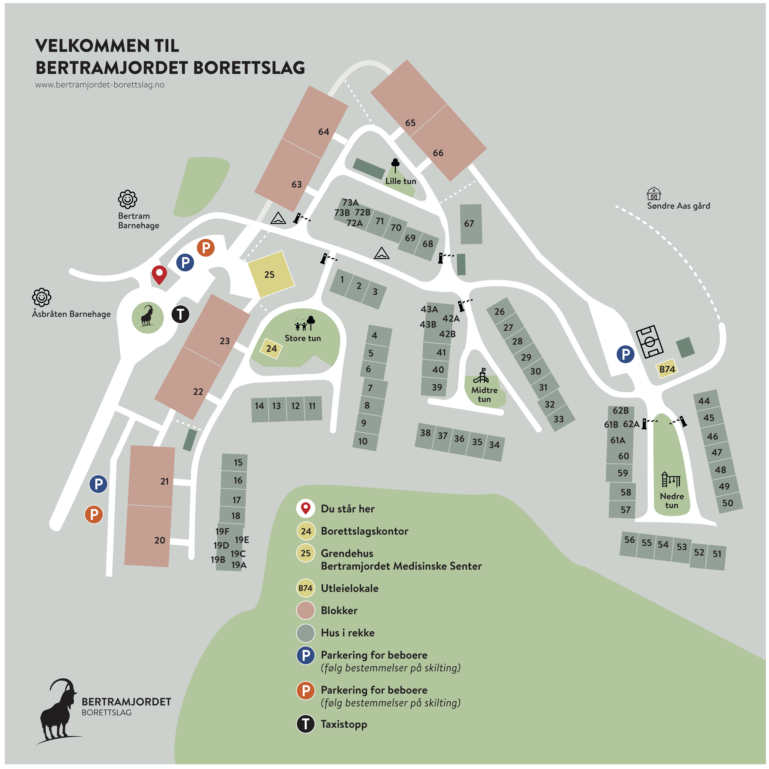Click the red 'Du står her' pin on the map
click(159, 274)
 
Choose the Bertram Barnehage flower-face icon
click(127, 199)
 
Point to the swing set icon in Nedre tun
click(671, 480)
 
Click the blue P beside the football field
click(625, 354)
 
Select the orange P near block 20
click(94, 514)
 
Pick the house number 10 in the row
click(363, 441)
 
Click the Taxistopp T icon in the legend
click(306, 724)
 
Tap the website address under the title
click(100, 85)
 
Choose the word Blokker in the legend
click(339, 611)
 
